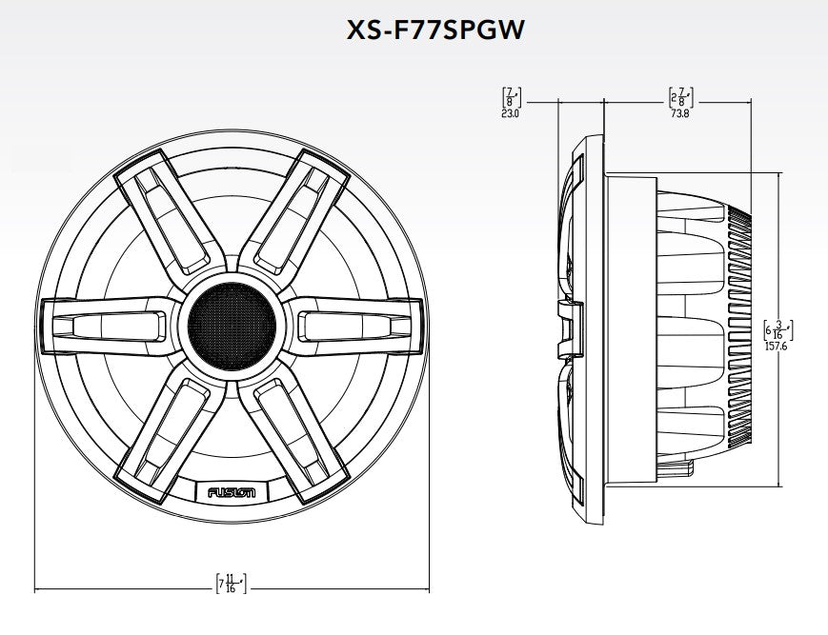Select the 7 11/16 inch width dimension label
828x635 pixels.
[x=231, y=584]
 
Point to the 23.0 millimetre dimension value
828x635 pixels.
[x=509, y=113]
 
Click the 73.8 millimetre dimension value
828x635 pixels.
[x=678, y=113]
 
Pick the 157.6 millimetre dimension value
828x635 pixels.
[x=778, y=347]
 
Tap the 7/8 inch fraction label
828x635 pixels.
[x=509, y=97]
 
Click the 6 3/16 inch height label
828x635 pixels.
[x=778, y=330]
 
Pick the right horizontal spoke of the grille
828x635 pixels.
[x=353, y=327]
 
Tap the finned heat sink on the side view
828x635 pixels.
[x=740, y=328]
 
